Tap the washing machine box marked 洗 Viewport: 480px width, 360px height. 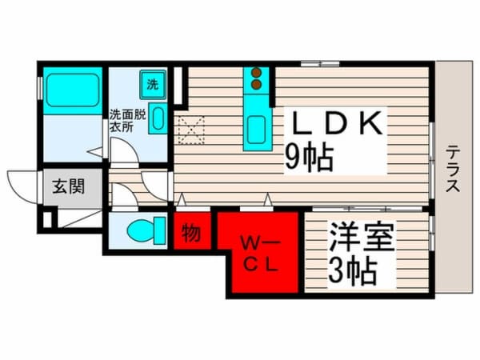[x=151, y=82]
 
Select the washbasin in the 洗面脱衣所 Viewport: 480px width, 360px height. [x=158, y=118]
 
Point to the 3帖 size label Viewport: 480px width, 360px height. [x=352, y=272]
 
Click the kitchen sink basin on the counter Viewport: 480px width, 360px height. [x=257, y=129]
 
